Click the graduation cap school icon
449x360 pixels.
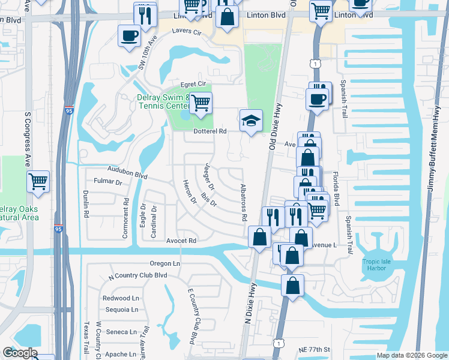pos(251,120)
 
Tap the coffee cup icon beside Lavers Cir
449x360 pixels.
pos(130,35)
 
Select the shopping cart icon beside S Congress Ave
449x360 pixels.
pos(38,181)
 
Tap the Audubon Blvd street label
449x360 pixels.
pos(127,173)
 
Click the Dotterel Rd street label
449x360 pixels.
pos(209,131)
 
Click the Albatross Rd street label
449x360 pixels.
pos(244,203)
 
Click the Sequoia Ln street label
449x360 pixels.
pos(120,310)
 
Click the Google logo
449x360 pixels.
pos(20,353)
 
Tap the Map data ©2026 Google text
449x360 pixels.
pos(411,355)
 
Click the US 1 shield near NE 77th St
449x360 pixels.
pos(278,343)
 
